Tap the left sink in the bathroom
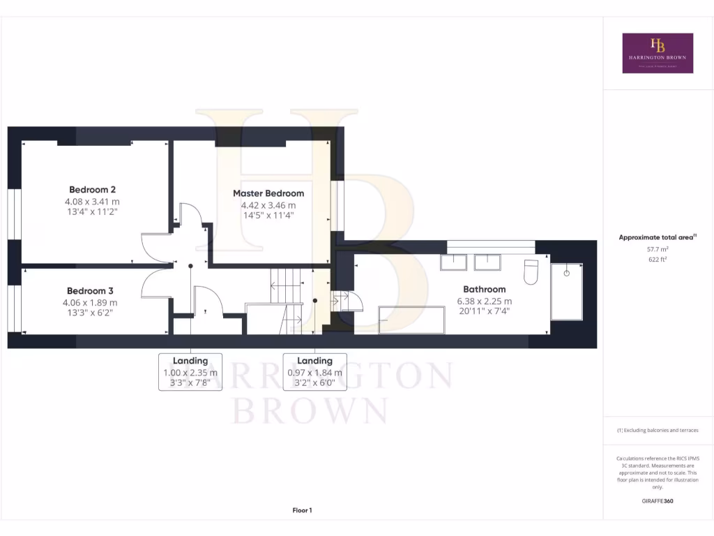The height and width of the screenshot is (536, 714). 454,262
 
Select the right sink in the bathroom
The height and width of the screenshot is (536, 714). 487,262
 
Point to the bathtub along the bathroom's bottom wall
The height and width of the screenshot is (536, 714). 411,319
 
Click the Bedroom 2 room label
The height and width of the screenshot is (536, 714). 92,189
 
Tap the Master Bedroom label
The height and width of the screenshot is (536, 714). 268,193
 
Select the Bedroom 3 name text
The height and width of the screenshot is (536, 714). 90,291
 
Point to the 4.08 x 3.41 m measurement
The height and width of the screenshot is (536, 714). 92,201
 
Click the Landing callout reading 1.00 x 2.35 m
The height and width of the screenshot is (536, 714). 190,372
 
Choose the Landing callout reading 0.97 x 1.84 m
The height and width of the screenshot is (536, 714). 314,372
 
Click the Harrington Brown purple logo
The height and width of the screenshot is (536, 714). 658,53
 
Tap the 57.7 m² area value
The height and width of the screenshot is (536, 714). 658,248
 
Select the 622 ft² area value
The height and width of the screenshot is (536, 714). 658,259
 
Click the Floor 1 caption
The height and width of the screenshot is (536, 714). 302,511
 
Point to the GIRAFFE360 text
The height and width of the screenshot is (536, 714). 658,500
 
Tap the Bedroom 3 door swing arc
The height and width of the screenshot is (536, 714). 155,283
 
